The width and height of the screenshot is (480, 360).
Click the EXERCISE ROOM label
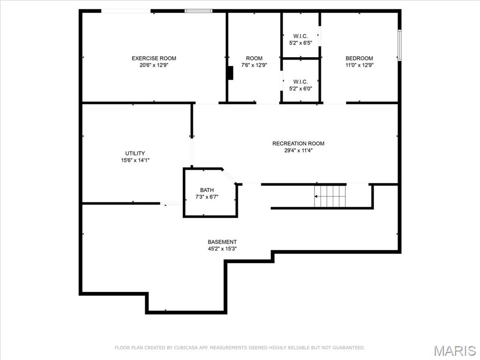point(154,58)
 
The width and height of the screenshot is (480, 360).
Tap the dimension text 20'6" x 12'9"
point(154,65)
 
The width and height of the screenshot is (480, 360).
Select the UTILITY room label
point(135,153)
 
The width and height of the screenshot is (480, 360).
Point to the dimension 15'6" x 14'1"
point(135,160)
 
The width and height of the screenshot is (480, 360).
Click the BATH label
point(207,190)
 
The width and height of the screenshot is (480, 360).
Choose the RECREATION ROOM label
point(298,143)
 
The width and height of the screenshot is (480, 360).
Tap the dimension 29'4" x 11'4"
point(298,150)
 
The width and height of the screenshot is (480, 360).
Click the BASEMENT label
point(222,242)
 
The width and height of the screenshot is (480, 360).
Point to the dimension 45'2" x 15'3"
point(222,249)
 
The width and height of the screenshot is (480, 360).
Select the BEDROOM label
point(359,58)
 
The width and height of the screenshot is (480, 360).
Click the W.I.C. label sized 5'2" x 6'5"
point(300,36)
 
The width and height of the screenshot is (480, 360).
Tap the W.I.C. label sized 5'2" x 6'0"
point(300,82)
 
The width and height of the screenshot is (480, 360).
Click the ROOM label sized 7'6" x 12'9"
point(254,58)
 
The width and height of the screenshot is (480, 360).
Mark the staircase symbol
point(330,196)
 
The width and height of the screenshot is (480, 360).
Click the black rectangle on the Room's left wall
point(230,73)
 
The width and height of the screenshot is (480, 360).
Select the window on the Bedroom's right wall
point(399,45)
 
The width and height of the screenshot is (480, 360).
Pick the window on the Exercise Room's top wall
point(198,11)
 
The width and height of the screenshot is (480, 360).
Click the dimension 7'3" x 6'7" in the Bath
point(207,197)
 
